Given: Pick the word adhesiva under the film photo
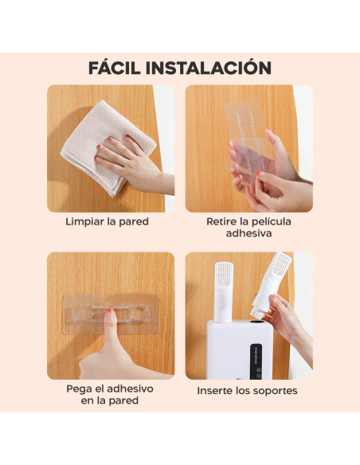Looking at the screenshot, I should coord(248,234).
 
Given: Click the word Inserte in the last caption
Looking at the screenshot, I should coord(217,391).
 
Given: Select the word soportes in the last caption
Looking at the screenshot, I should coord(272,391).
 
